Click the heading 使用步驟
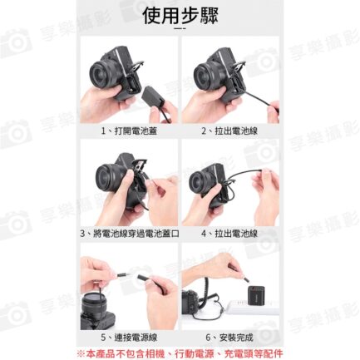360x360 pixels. point(180,15)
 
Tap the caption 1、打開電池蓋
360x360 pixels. point(129,131)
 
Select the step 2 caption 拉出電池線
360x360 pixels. point(236,131)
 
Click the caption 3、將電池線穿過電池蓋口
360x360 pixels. point(130,234)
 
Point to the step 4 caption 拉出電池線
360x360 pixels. point(236,234)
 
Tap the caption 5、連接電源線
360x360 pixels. point(129,338)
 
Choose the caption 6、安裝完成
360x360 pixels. point(229,338)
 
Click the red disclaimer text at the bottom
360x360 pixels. point(180,353)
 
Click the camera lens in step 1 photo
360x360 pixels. point(101,73)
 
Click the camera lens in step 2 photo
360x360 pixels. point(205,75)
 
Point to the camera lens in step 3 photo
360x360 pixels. point(108,176)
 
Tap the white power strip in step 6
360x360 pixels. point(253,308)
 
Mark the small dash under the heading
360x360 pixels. point(180,28)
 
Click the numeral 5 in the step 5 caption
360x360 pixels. point(103,338)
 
